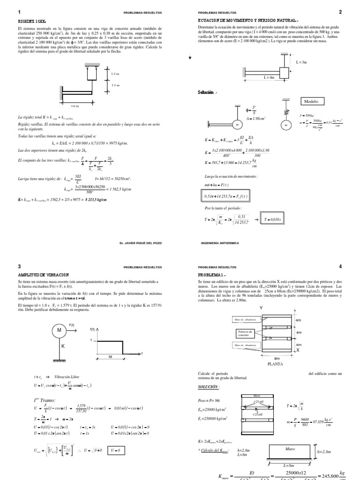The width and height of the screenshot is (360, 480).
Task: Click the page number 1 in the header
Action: click(x=19, y=12)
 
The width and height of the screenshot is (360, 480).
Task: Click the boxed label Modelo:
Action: click(x=311, y=101)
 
